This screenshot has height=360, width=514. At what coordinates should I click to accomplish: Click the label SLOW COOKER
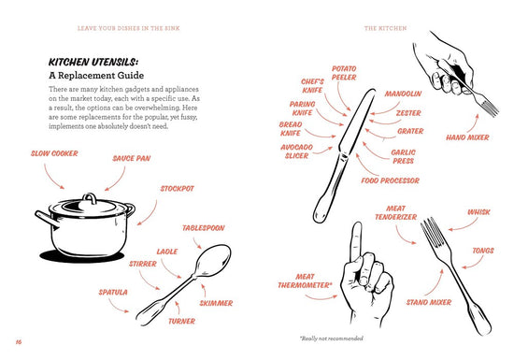(x=54, y=153)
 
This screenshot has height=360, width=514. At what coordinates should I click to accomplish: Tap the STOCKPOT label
(x=178, y=189)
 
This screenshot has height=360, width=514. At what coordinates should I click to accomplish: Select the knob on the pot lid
(x=89, y=198)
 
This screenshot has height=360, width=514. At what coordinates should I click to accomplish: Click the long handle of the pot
(x=47, y=219)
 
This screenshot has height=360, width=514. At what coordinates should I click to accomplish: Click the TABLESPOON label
(x=204, y=228)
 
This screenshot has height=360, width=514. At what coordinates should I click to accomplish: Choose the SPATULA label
(x=113, y=292)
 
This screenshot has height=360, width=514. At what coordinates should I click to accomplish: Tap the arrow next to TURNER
(x=178, y=308)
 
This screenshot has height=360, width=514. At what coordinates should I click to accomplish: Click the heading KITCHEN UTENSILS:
(x=93, y=62)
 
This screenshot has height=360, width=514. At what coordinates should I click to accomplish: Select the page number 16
(x=19, y=342)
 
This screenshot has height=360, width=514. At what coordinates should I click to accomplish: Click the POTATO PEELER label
(x=344, y=73)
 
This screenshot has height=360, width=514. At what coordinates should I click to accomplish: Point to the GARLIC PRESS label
(x=403, y=156)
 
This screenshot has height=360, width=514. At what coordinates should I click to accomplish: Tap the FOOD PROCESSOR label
(x=391, y=180)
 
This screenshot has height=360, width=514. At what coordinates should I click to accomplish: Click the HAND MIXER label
(x=467, y=137)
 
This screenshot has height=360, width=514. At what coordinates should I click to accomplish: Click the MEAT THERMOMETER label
(x=305, y=281)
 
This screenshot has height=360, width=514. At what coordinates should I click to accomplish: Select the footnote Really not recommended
(x=332, y=338)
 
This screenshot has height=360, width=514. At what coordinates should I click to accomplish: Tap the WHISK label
(x=478, y=212)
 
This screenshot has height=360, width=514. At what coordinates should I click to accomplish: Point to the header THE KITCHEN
(x=385, y=28)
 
